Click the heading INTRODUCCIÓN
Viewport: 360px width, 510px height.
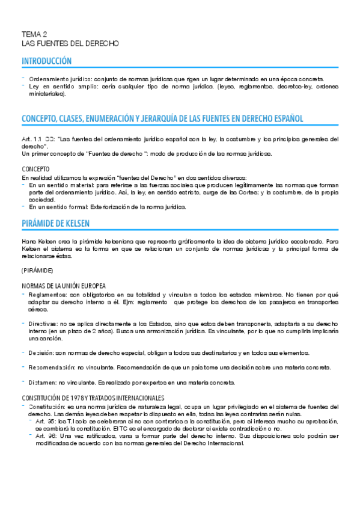46,61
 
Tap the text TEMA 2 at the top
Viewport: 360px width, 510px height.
34,35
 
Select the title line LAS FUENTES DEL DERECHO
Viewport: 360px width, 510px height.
70,44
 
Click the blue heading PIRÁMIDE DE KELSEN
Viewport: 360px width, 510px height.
55,223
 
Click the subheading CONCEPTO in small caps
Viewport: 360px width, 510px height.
35,169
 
